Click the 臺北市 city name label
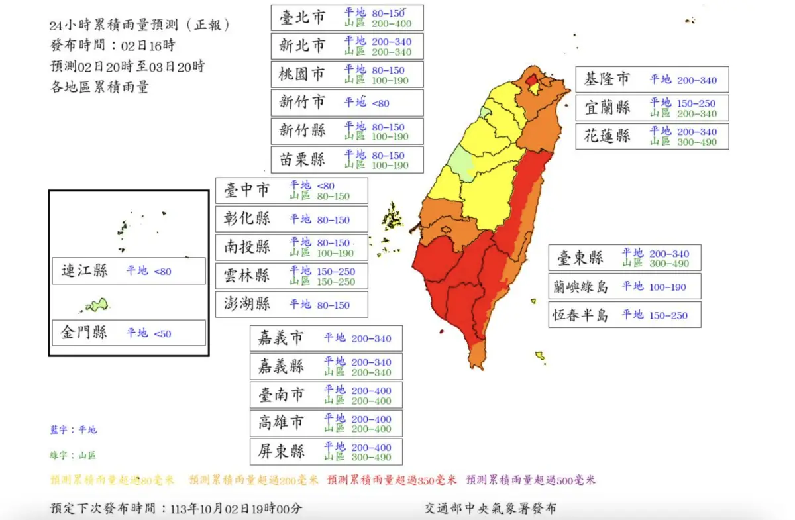(302, 18)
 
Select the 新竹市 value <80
(380, 103)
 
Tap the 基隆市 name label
(606, 80)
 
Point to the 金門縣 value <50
(162, 333)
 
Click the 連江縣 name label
(84, 271)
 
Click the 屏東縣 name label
(282, 452)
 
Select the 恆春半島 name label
(580, 315)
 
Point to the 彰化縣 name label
(247, 219)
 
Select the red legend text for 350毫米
(392, 480)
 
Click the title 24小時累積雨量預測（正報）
(140, 26)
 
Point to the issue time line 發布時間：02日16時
(113, 46)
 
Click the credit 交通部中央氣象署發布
(490, 509)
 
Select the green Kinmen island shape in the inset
(97, 305)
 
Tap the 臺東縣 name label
(580, 258)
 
